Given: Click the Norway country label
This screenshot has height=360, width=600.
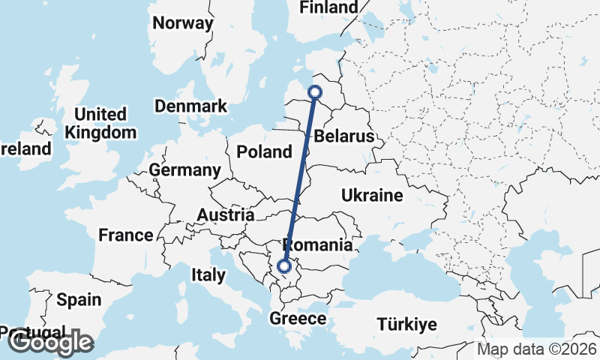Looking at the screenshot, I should [183, 23].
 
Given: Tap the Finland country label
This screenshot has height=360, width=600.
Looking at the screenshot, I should [328, 7].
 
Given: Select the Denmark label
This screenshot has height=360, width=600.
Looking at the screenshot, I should [190, 106].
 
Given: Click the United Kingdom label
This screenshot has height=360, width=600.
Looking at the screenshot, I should [101, 124].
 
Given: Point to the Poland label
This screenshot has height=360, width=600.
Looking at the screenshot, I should [264, 152].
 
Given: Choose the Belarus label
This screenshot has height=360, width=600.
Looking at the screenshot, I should [344, 137].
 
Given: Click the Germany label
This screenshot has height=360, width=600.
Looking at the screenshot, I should [184, 170].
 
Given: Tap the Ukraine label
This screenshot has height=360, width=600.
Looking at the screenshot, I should [373, 196].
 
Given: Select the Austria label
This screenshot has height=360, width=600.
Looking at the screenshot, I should [225, 215].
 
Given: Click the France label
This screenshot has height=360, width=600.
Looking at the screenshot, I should [126, 235].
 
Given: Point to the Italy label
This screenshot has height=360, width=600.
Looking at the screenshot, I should [208, 275].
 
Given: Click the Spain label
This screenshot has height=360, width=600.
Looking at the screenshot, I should [79, 300].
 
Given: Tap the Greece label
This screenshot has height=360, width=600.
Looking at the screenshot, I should [299, 319].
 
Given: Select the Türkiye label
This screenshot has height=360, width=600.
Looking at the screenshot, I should [406, 325].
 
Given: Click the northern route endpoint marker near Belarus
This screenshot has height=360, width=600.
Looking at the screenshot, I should [315, 92].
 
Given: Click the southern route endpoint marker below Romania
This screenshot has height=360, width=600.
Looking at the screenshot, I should [284, 265].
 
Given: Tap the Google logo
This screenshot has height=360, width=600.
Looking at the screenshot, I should [50, 343].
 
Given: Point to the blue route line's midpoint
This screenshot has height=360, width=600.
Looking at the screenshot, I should [300, 178].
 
